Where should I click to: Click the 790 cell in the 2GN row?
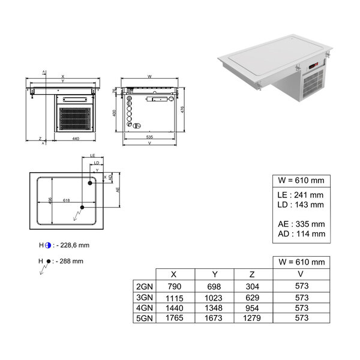pos(174,287)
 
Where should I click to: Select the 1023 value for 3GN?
pos(214,297)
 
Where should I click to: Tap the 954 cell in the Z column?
pos(253,307)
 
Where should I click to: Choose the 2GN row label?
pos(144,287)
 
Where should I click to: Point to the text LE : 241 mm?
pos(301,195)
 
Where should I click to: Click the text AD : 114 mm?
pos(301,234)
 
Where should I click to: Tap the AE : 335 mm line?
pos(301,224)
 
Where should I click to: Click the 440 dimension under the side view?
pos(76,139)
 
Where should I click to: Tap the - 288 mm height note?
pos(69,261)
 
